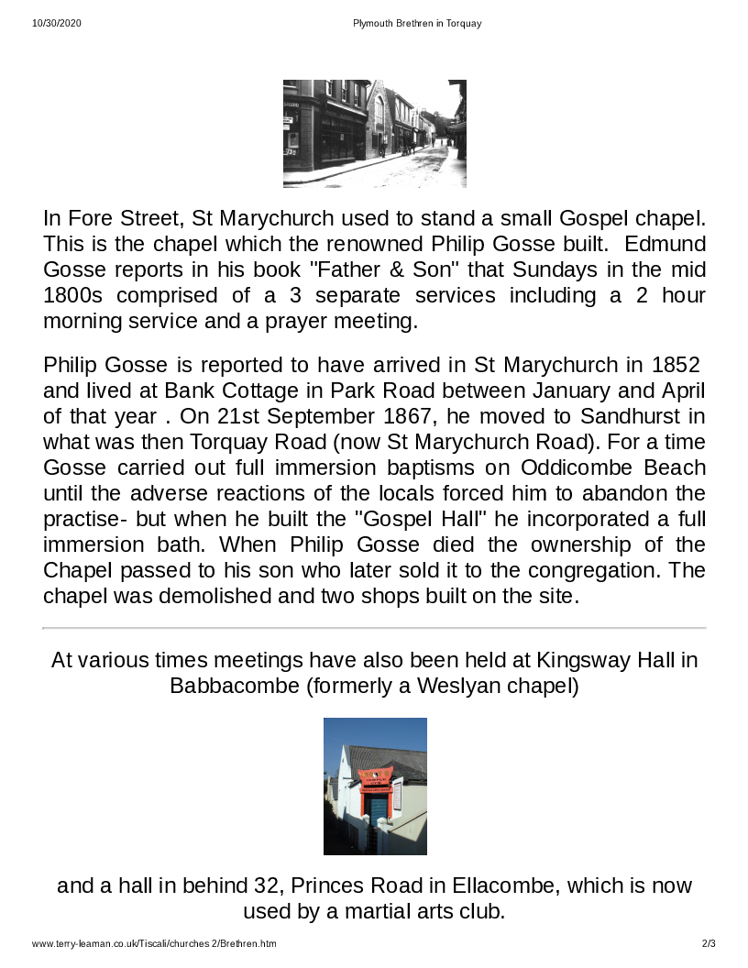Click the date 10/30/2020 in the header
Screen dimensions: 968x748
tap(57, 23)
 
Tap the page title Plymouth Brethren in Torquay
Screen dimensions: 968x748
tap(417, 23)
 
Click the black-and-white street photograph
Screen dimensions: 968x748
tap(374, 134)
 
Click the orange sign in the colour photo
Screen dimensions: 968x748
tap(376, 782)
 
